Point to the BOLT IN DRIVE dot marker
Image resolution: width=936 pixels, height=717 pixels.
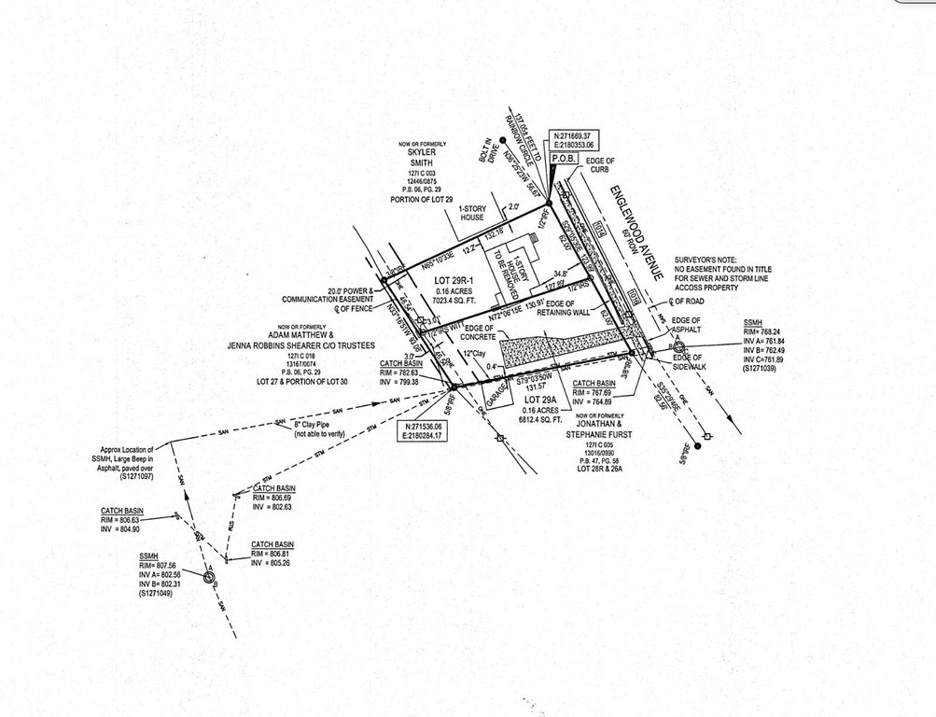pyautogui.click(x=502, y=140)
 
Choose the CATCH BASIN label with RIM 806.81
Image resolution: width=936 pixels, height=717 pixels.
pyautogui.click(x=272, y=544)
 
